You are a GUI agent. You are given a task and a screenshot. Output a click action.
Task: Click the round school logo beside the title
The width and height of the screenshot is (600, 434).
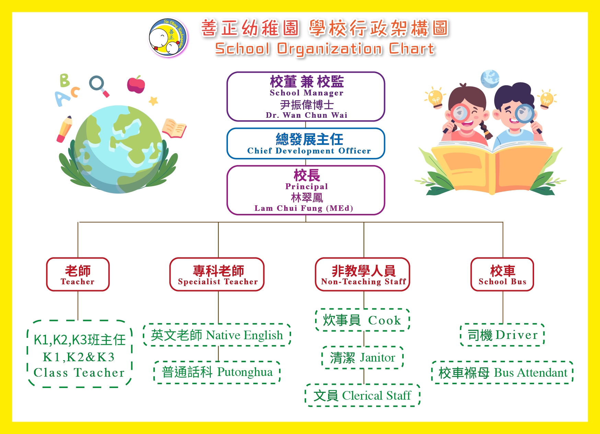[x=168, y=38]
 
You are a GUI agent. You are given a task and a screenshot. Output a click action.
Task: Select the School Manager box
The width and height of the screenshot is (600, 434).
[x=306, y=96]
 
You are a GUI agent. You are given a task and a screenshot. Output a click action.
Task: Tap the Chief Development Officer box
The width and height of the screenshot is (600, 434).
[x=306, y=144]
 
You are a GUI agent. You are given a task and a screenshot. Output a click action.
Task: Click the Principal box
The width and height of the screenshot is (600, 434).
[x=306, y=190]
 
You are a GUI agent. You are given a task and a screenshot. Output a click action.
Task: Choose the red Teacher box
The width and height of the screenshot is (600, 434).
[x=78, y=274]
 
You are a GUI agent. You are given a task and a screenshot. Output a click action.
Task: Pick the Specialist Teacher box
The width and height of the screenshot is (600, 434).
[x=217, y=274]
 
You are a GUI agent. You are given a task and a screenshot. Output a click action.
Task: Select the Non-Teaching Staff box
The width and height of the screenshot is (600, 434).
[x=362, y=274]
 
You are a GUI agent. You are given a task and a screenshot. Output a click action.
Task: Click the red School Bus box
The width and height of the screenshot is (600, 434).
[x=502, y=274]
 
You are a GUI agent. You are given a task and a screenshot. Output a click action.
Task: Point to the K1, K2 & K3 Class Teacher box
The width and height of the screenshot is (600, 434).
[x=79, y=354]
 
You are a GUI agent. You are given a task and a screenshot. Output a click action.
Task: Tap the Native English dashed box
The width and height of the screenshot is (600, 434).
[x=217, y=335]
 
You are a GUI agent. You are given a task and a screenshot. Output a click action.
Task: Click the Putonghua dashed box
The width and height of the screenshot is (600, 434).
[x=217, y=372]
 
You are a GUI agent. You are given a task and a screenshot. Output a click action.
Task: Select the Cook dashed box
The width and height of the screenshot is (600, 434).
[x=362, y=320]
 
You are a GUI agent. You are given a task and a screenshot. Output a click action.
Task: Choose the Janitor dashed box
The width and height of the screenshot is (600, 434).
[x=362, y=357]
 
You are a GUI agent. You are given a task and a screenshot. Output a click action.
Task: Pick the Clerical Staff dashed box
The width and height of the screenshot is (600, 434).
[x=362, y=395]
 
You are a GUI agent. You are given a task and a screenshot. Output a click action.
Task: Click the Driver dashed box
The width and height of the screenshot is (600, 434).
[x=503, y=335]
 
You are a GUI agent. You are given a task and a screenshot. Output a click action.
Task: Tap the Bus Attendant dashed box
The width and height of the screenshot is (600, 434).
[x=503, y=373]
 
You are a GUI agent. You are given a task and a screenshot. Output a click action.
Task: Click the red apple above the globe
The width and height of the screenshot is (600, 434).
[x=136, y=84]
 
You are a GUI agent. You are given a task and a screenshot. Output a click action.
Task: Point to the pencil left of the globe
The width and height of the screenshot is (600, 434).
[x=65, y=129]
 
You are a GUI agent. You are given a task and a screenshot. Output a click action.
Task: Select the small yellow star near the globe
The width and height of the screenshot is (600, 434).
[x=153, y=101]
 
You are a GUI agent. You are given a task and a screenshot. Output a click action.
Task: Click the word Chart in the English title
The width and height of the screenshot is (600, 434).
[x=412, y=49]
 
